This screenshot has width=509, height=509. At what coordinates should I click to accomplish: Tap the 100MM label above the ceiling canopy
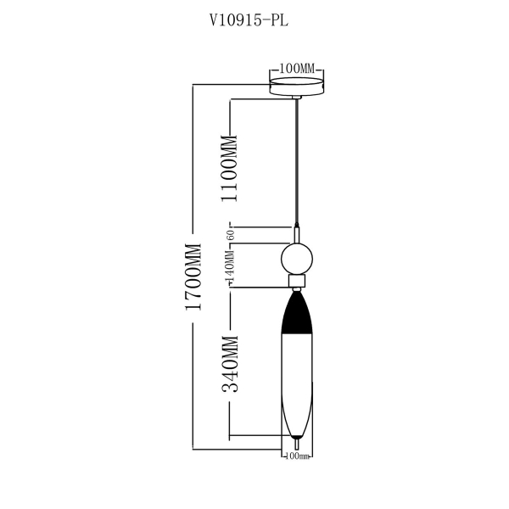296,68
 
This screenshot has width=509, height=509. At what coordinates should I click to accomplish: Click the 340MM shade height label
230,365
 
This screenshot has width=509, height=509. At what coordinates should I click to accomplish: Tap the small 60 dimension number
229,233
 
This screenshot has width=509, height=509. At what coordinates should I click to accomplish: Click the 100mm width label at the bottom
296,456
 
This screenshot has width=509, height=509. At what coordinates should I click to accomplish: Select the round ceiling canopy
296,87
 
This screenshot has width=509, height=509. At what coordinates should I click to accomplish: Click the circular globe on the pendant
297,258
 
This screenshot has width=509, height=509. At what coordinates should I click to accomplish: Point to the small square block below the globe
297,280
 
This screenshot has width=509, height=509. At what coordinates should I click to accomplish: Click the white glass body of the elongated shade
296,382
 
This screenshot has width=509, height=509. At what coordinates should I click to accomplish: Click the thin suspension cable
296,161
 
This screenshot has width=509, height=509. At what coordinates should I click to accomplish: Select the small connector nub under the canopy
296,98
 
